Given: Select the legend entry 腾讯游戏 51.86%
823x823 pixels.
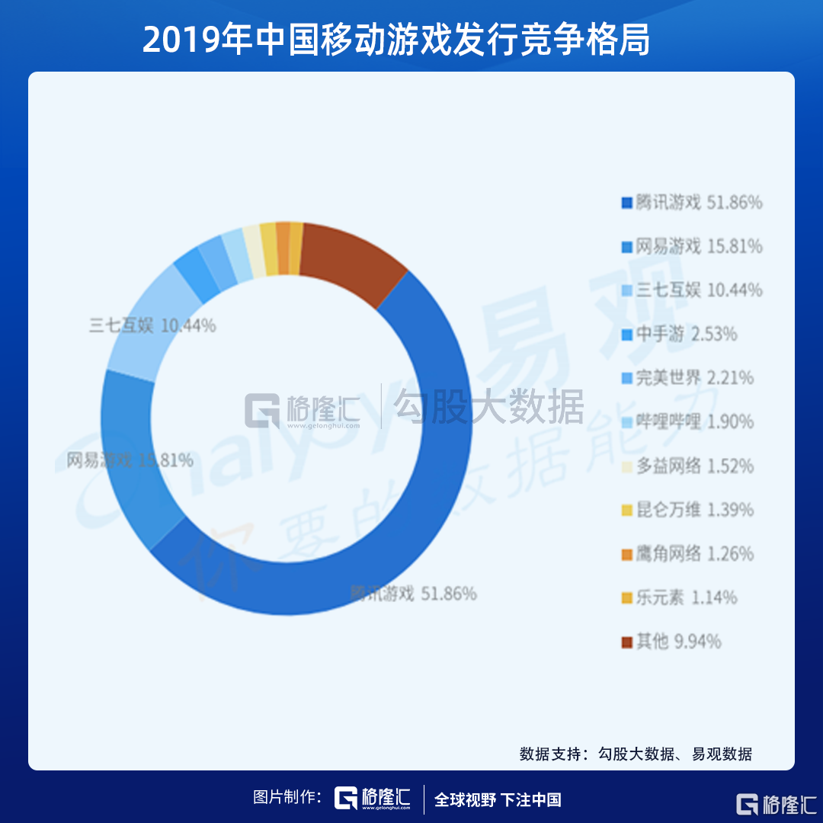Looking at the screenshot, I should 692,203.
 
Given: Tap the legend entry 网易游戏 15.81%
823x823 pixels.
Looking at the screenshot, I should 692,246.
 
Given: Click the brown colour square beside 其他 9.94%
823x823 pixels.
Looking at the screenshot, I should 627,642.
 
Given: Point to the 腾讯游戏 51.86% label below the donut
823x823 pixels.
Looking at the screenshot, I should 413,594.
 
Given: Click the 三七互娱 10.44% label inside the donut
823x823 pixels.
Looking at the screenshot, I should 152,326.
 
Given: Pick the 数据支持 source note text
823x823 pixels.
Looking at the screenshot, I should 636,754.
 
